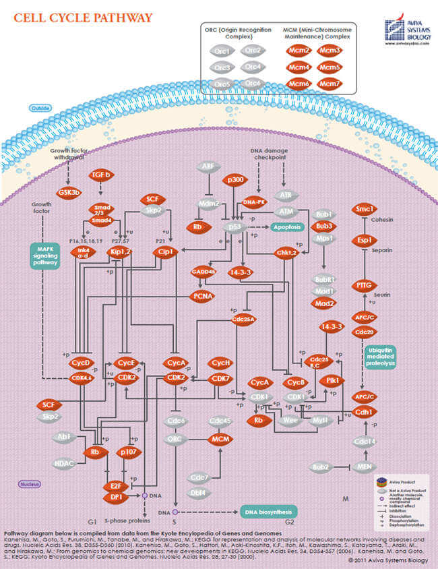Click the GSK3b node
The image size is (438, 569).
(x=69, y=192)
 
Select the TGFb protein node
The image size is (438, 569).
(x=100, y=175)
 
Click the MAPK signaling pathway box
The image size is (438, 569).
(x=44, y=256)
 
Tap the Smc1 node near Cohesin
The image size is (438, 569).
(x=365, y=210)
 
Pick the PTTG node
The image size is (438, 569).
(x=365, y=286)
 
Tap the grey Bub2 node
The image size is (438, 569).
(x=319, y=467)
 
